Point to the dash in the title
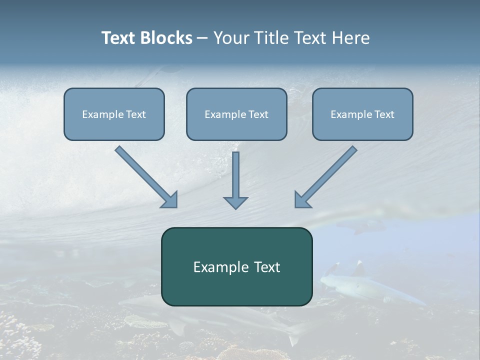pyautogui.click(x=202, y=38)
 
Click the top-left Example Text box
pyautogui.click(x=114, y=114)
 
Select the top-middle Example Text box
pyautogui.click(x=236, y=114)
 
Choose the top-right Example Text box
pyautogui.click(x=362, y=114)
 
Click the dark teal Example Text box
pyautogui.click(x=236, y=266)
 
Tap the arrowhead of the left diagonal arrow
pyautogui.click(x=170, y=200)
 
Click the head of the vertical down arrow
pyautogui.click(x=235, y=202)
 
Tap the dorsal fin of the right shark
pyautogui.click(x=359, y=268)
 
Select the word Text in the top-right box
pyautogui.click(x=383, y=114)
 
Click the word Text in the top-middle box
pyautogui.click(x=257, y=114)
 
